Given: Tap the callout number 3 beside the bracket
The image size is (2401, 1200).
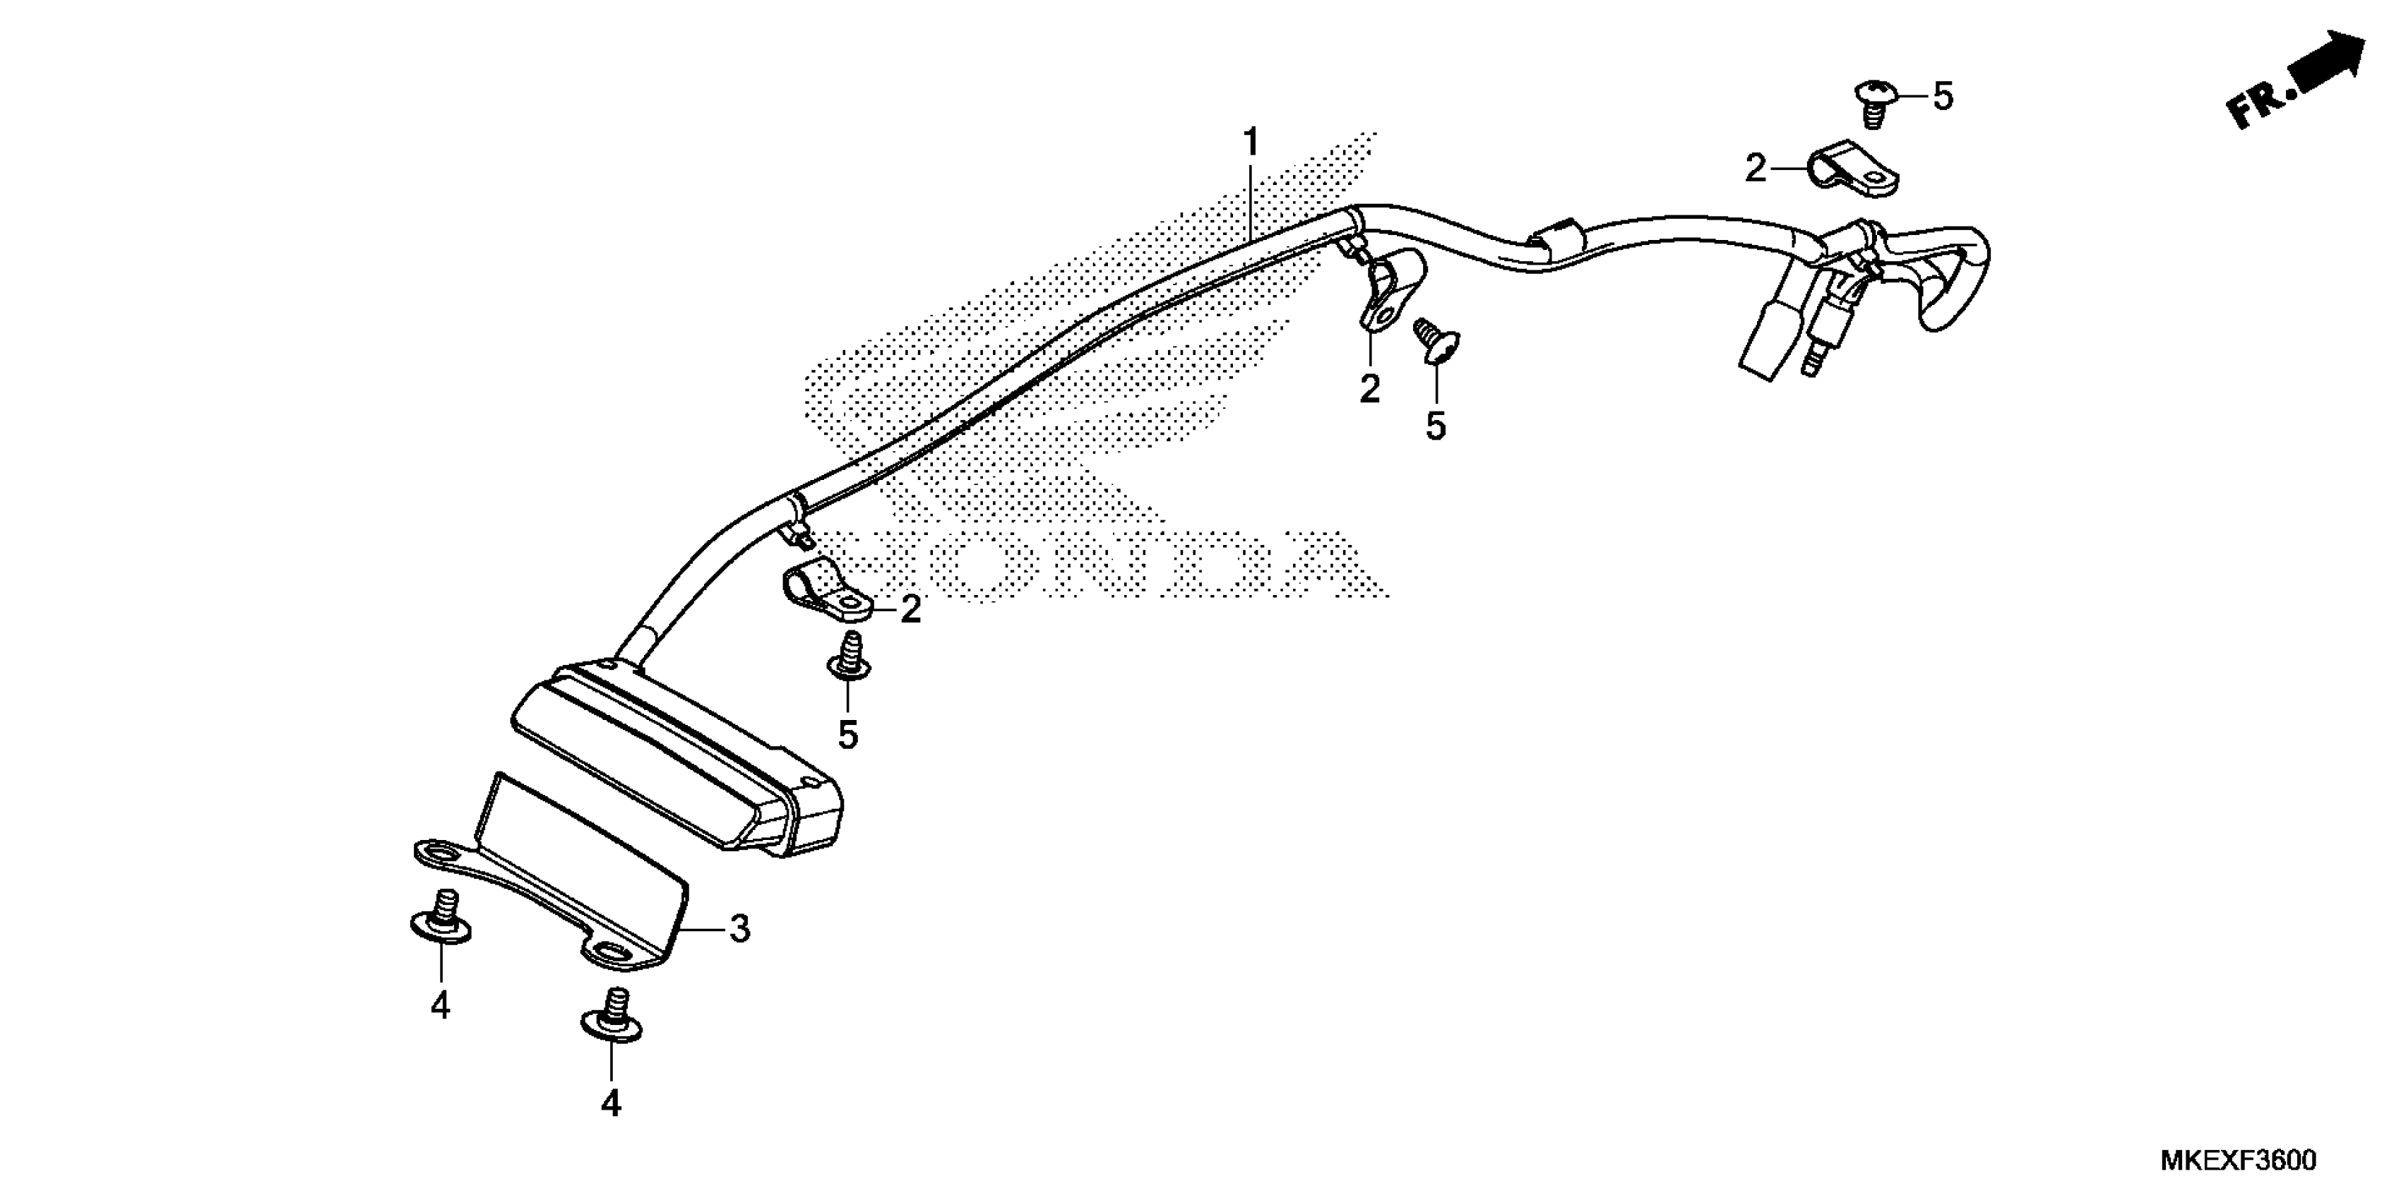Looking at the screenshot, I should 739,929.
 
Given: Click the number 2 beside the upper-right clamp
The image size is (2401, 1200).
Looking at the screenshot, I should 1755,169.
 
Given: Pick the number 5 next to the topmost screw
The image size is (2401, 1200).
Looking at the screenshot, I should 1943,96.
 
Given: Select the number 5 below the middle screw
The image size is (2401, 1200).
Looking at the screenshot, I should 1436,426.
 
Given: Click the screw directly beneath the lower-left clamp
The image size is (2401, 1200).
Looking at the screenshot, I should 849,657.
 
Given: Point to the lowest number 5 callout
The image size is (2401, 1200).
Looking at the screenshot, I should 847,734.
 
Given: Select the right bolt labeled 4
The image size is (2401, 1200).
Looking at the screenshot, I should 611,1016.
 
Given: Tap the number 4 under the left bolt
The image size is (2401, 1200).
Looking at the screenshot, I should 440,1006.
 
